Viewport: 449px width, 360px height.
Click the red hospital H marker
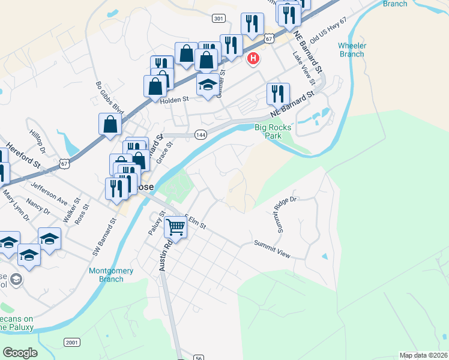point(254,58)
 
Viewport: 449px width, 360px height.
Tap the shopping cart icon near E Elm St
point(175,227)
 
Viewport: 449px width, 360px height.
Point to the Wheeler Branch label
point(351,50)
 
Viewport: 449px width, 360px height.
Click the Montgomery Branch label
point(106,275)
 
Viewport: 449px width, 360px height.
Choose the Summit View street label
point(272,249)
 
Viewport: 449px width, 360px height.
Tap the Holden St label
point(175,99)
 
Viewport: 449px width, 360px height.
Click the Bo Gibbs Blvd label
point(109,98)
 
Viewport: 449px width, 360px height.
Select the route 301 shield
point(218,19)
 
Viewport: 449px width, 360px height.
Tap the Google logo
point(20,353)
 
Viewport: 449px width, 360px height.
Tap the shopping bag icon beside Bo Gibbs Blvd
point(110,124)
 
